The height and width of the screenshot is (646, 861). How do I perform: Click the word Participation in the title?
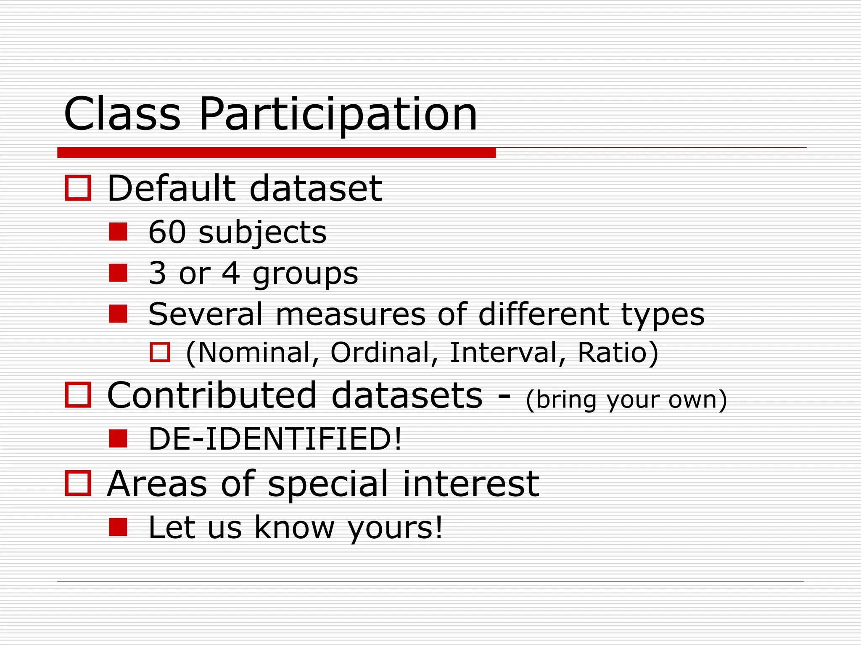pyautogui.click(x=338, y=114)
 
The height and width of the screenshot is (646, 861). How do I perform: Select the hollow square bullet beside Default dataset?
pyautogui.click(x=78, y=188)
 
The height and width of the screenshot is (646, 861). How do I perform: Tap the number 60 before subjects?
pyautogui.click(x=167, y=232)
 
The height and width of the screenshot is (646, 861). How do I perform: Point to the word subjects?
pyautogui.click(x=262, y=233)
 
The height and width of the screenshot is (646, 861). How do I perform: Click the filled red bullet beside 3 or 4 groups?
pyautogui.click(x=118, y=273)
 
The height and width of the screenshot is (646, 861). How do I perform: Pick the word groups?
pyautogui.click(x=305, y=275)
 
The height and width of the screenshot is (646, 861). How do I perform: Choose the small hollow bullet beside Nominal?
pyautogui.click(x=160, y=352)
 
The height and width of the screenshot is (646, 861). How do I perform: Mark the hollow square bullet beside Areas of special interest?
pyautogui.click(x=78, y=483)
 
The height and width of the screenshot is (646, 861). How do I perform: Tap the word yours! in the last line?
pyautogui.click(x=395, y=528)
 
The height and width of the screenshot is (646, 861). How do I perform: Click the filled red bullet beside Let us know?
pyautogui.click(x=118, y=527)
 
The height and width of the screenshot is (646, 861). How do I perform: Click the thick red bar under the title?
pyautogui.click(x=276, y=153)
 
